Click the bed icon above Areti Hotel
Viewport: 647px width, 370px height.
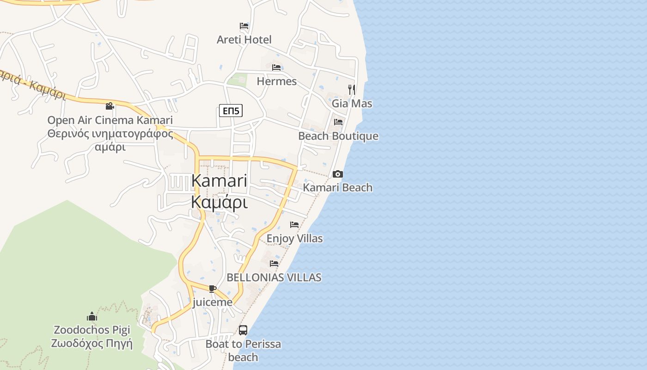pyautogui.click(x=244, y=26)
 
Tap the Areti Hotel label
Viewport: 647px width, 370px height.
pyautogui.click(x=244, y=40)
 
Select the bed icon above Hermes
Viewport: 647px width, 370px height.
pyautogui.click(x=276, y=68)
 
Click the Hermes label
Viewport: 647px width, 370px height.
pyautogui.click(x=276, y=81)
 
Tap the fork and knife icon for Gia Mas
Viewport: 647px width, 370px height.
pyautogui.click(x=352, y=89)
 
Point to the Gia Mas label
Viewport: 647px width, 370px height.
pyautogui.click(x=352, y=104)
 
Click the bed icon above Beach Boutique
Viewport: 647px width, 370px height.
pyautogui.click(x=338, y=122)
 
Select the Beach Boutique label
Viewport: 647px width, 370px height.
pyautogui.click(x=338, y=136)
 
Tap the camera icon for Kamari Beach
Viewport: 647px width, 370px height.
pyautogui.click(x=338, y=174)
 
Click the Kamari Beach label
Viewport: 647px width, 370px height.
pyautogui.click(x=337, y=187)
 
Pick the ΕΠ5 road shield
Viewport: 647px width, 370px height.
pyautogui.click(x=231, y=111)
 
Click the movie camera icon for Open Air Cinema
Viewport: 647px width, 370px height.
pyautogui.click(x=110, y=106)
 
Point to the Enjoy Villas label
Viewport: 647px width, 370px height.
pyautogui.click(x=295, y=239)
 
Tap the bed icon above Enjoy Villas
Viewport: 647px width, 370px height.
pyautogui.click(x=294, y=225)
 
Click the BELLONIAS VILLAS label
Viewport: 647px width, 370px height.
pyautogui.click(x=274, y=277)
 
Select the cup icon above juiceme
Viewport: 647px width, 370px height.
pyautogui.click(x=212, y=289)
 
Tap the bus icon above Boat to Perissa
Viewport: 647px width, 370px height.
pyautogui.click(x=243, y=330)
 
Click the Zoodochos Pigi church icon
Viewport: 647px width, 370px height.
pyautogui.click(x=92, y=316)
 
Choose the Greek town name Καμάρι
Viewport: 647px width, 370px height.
pyautogui.click(x=219, y=203)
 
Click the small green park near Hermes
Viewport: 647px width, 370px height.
pyautogui.click(x=238, y=80)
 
